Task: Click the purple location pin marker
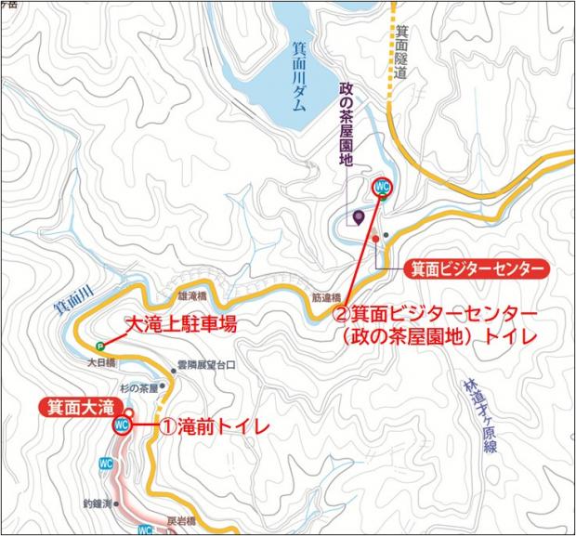[x=360, y=219]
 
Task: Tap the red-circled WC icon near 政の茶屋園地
[x=381, y=187]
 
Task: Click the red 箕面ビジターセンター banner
[x=475, y=269]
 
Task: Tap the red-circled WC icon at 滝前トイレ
[x=120, y=425]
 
